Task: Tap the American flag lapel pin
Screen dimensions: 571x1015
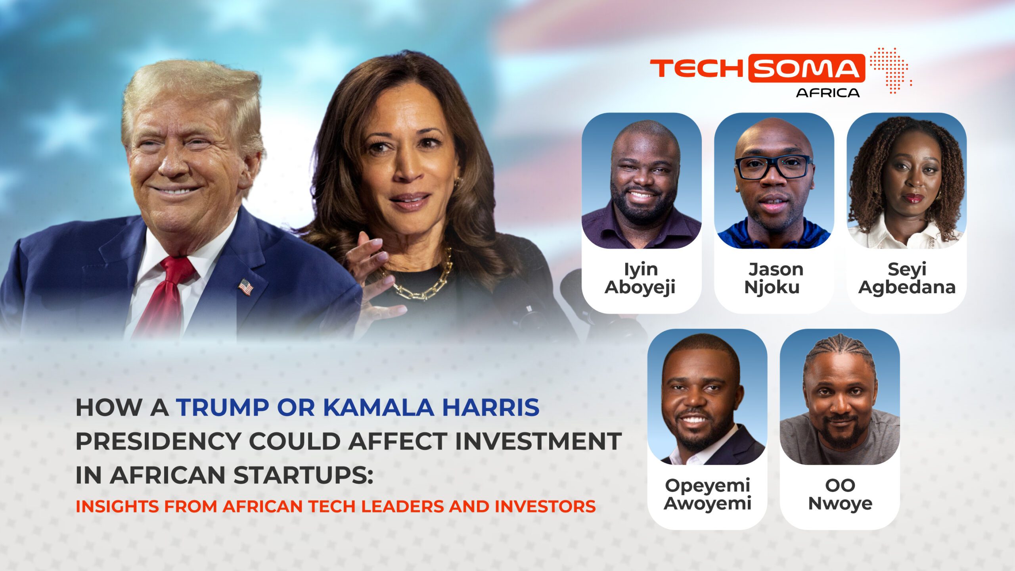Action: point(245,287)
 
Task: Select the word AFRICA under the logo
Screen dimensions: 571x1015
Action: point(828,93)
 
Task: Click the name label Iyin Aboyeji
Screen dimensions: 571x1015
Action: point(640,278)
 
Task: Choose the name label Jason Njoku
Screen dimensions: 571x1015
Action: point(774,278)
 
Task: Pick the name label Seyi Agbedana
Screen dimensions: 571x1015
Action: point(907,278)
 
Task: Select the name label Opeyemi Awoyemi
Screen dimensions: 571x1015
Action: point(707,494)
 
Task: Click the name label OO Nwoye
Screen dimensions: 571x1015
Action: point(840,494)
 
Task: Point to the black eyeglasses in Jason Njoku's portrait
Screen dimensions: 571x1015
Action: point(774,167)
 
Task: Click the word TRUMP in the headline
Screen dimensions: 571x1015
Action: point(223,408)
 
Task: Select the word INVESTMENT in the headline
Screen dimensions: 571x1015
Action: point(538,441)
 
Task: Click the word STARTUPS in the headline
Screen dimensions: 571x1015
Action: point(303,475)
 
